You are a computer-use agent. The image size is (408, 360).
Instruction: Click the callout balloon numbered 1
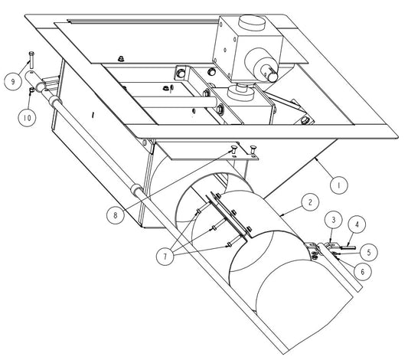point(338,185)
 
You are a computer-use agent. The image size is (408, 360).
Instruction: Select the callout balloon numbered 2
point(310,202)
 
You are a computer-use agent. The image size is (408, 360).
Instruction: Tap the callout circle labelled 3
point(334,220)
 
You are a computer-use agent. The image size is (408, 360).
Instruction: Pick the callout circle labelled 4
point(357,224)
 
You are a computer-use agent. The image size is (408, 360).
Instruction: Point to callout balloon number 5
point(368,252)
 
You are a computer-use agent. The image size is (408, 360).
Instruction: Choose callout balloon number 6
point(363,272)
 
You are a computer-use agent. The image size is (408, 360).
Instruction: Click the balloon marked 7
point(165,257)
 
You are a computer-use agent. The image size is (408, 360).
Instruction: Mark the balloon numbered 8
point(116,215)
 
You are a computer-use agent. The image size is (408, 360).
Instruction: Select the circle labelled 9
point(13,82)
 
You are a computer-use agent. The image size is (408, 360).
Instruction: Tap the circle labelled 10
point(27,118)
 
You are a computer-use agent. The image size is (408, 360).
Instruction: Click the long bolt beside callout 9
point(31,60)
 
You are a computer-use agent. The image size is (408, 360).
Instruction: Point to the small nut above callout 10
point(31,90)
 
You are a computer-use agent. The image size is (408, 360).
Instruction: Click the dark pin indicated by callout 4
point(348,247)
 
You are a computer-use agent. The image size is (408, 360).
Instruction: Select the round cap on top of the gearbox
point(252,22)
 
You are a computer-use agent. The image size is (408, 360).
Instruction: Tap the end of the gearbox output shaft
point(273,77)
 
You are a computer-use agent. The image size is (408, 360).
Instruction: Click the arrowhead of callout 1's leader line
point(315,158)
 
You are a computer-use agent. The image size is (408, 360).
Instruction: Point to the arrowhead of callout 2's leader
point(279,215)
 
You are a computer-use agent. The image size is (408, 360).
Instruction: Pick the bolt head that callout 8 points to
point(233,149)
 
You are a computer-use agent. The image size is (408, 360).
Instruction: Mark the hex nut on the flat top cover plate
point(120,58)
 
